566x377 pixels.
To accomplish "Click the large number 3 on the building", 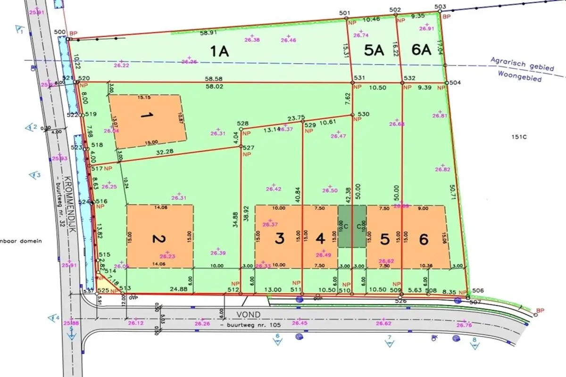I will point(280,239).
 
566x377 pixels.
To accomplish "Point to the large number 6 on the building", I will point(424,239).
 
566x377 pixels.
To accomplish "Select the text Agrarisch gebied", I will point(522,64).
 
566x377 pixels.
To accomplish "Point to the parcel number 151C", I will point(518,137).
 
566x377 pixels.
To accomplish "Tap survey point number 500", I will point(59,32).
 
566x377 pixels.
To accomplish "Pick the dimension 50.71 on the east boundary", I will point(453,193).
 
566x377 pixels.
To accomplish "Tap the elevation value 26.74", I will point(361,35).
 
